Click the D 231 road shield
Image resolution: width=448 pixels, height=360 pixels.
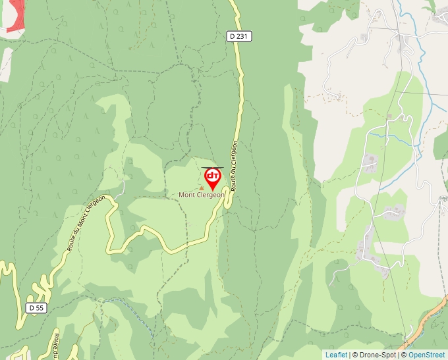point(240,36)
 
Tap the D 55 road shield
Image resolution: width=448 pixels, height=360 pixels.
point(36,307)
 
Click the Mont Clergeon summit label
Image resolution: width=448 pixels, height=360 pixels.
point(202,195)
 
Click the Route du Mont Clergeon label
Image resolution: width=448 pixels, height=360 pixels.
point(85,222)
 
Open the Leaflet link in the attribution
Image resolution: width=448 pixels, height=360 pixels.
point(336,355)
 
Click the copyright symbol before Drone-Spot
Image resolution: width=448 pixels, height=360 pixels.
point(355,355)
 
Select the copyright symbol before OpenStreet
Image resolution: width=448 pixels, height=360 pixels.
point(404,355)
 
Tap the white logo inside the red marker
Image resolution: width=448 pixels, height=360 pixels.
point(212,176)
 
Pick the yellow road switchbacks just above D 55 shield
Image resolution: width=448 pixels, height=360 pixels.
point(45,286)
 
